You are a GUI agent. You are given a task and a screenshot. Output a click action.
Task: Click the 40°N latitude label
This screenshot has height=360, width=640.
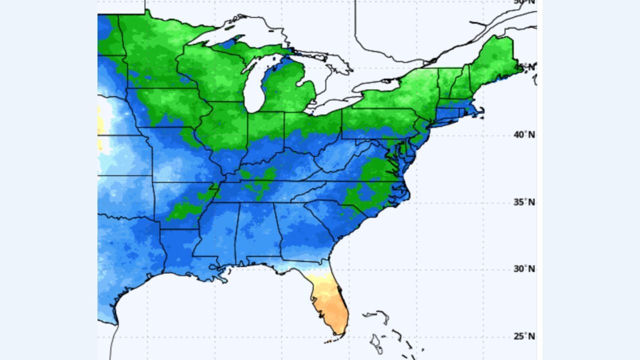(x=525, y=135)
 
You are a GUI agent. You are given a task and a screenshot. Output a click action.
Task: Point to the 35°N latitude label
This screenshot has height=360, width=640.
(x=525, y=202)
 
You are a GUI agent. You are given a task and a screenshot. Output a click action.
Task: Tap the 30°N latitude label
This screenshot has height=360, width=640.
(x=525, y=269)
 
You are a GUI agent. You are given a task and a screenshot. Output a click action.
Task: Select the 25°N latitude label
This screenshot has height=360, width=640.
(x=525, y=336)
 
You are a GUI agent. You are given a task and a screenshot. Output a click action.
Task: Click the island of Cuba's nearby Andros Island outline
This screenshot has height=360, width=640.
(x=375, y=344)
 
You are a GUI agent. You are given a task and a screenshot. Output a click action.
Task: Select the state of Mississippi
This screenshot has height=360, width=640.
(x=217, y=232)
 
